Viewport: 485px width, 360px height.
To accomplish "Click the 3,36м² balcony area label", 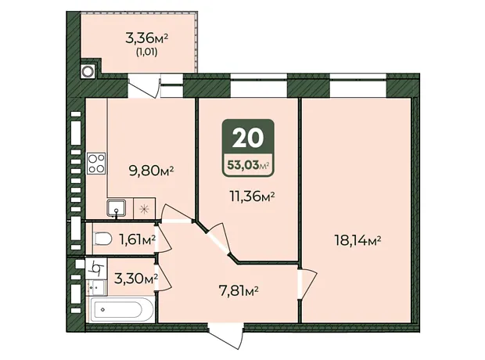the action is click(x=146, y=38).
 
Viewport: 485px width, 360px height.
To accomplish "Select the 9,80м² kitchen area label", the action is click(x=151, y=171).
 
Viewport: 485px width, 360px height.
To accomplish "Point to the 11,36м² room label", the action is click(x=252, y=196).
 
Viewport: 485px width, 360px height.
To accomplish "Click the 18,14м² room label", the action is click(x=357, y=240).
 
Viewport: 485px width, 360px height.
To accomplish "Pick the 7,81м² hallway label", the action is click(x=239, y=291).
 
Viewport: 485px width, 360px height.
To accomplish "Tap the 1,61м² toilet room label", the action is click(x=137, y=239).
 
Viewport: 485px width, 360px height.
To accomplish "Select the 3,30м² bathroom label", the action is click(x=136, y=279).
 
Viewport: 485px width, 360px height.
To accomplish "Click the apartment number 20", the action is click(x=248, y=138).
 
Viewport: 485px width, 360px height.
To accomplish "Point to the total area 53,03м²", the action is click(x=248, y=165).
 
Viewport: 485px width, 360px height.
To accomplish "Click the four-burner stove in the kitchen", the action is click(x=96, y=163).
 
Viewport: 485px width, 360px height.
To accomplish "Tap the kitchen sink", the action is click(x=116, y=208).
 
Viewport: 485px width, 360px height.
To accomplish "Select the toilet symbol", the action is click(x=102, y=239).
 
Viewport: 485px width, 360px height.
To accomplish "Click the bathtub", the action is click(x=120, y=309).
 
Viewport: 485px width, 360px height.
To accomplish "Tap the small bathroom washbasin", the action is click(x=96, y=287).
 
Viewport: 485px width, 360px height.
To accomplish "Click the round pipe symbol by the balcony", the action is click(x=88, y=71).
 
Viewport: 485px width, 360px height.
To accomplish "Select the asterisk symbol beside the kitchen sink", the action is click(x=144, y=209).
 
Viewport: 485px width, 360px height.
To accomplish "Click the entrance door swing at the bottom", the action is click(x=225, y=336).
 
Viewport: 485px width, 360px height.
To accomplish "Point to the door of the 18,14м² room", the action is click(x=307, y=283).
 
